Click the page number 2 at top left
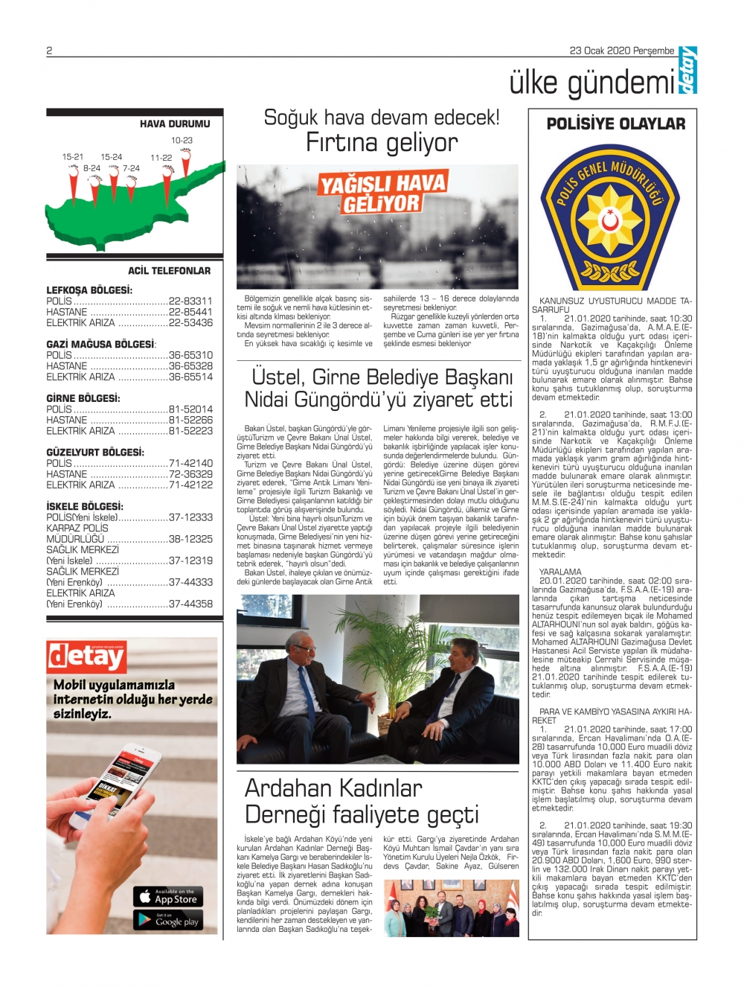pyautogui.click(x=49, y=51)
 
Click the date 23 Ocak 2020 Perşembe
pyautogui.click(x=622, y=51)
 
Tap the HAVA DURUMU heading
pyautogui.click(x=175, y=124)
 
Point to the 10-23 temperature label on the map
pyautogui.click(x=182, y=140)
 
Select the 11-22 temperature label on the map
pyautogui.click(x=161, y=158)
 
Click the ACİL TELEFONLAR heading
pyautogui.click(x=169, y=271)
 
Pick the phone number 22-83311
pyautogui.click(x=190, y=301)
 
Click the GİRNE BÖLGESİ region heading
pyautogui.click(x=83, y=398)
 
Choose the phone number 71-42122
pyautogui.click(x=190, y=485)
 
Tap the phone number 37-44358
pyautogui.click(x=190, y=604)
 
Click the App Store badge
pyautogui.click(x=169, y=896)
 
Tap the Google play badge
pyautogui.click(x=169, y=921)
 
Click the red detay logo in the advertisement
pyautogui.click(x=86, y=657)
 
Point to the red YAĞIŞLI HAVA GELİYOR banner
pyautogui.click(x=382, y=194)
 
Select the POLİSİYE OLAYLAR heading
pyautogui.click(x=616, y=124)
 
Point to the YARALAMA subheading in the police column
pyautogui.click(x=560, y=572)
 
